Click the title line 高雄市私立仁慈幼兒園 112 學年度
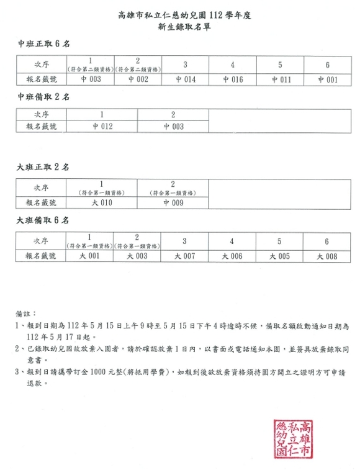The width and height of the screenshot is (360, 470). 179,15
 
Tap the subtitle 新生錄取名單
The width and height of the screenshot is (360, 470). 180,27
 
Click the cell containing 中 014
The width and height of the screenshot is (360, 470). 186,79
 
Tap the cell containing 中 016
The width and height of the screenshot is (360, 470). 233,79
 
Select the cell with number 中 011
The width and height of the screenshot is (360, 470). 281,79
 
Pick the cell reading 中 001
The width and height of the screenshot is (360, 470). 327,79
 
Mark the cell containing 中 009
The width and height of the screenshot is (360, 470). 173,202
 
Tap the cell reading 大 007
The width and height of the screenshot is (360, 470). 185,256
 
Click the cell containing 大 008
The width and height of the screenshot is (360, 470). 327,256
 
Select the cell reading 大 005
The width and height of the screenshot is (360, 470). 280,256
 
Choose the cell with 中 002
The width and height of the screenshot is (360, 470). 138,79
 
